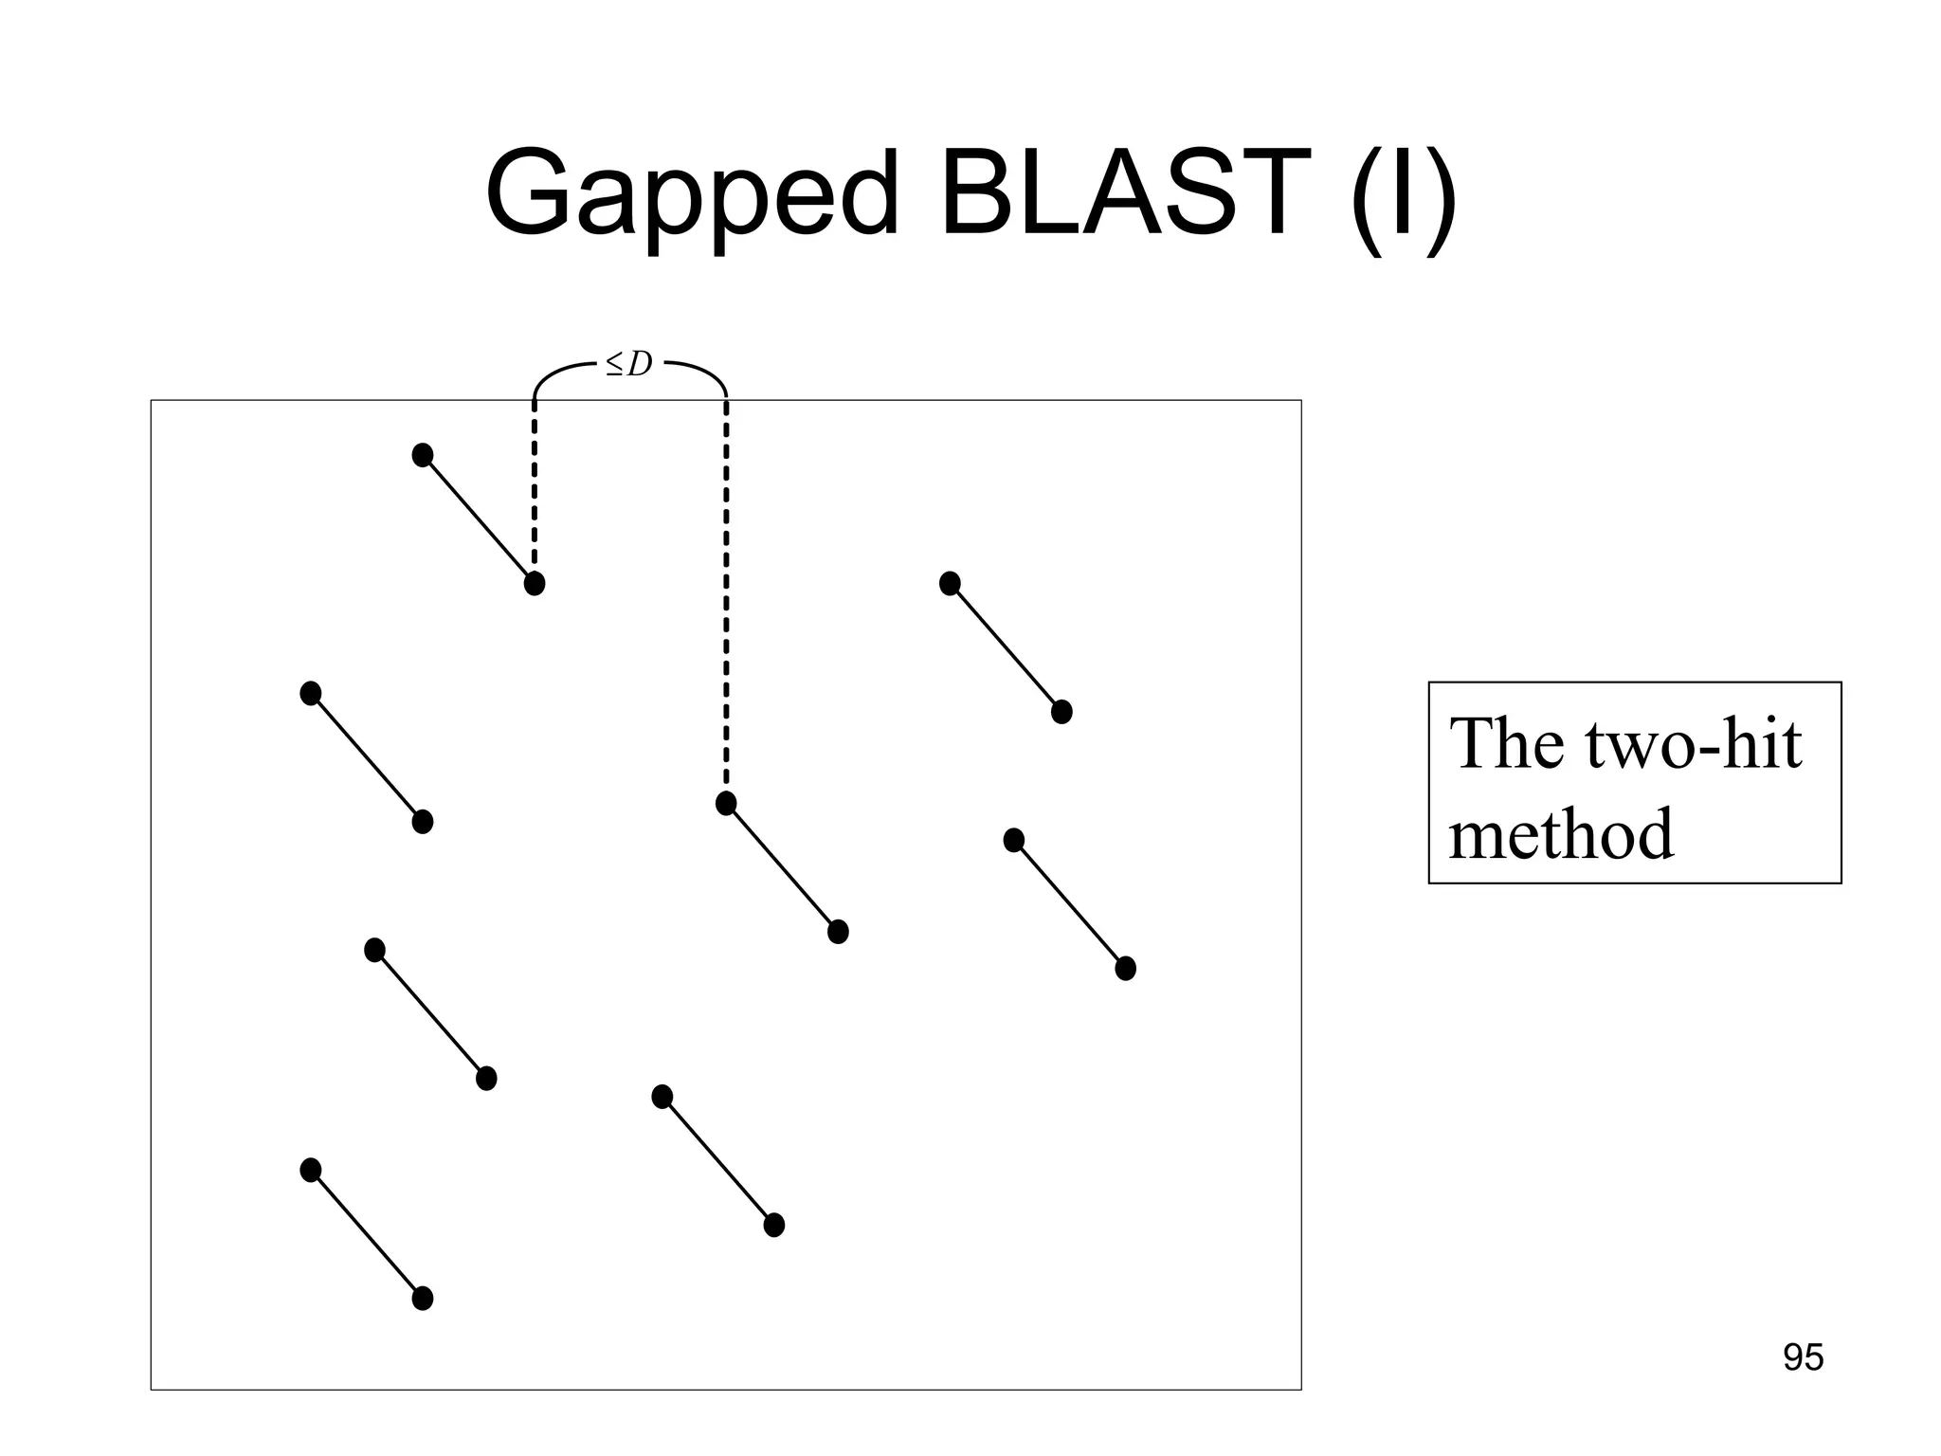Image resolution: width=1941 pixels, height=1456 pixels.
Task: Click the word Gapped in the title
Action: [691, 194]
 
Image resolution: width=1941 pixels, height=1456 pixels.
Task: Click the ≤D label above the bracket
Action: [629, 364]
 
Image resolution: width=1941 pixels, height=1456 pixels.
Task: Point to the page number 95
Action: [1803, 1357]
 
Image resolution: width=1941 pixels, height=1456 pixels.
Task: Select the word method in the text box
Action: [1561, 834]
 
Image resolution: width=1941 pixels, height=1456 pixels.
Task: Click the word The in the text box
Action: [1506, 744]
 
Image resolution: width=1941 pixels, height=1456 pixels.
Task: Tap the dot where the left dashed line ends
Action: [535, 583]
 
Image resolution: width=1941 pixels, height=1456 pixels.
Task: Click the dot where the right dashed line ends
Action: [726, 804]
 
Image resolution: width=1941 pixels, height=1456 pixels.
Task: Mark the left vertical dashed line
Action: [535, 483]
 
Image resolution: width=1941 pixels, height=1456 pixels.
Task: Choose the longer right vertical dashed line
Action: [726, 597]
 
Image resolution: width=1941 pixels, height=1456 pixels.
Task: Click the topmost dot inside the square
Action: [423, 455]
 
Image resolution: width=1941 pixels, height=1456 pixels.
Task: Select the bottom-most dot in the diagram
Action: [423, 1299]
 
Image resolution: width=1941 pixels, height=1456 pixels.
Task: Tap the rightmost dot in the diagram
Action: [1125, 969]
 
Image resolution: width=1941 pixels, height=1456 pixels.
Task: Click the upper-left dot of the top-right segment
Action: [950, 583]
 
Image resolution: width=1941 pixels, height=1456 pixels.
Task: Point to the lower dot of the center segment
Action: [838, 932]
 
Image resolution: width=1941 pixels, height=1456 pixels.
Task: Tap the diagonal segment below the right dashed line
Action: [782, 867]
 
